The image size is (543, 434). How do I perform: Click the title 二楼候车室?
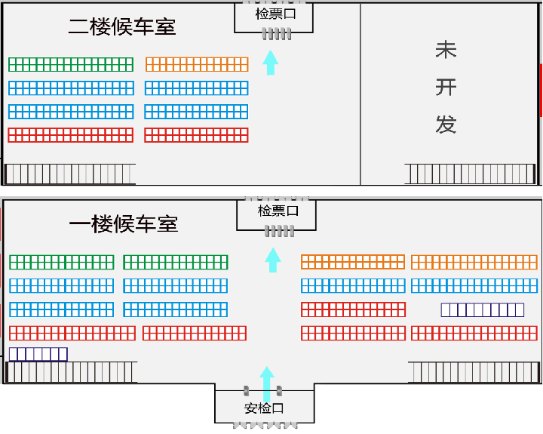tap(122, 27)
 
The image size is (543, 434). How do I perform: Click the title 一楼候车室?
tap(124, 224)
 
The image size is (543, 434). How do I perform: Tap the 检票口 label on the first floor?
tap(278, 211)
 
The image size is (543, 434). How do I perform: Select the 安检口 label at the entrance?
tap(264, 408)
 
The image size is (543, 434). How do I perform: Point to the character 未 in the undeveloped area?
tap(446, 51)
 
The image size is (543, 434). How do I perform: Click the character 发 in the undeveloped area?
tap(446, 124)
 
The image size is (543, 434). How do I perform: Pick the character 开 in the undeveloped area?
tap(446, 88)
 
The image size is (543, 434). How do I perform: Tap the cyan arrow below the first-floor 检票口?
tap(273, 260)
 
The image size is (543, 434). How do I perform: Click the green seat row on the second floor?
tap(71, 64)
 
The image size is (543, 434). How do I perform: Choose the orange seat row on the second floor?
tap(197, 64)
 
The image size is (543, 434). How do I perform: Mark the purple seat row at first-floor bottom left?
tap(38, 354)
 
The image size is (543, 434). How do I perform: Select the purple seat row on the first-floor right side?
tap(483, 309)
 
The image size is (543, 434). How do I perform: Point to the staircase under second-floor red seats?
tap(70, 174)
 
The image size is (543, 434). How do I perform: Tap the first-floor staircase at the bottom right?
tap(473, 372)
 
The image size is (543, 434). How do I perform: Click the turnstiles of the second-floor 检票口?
tap(276, 34)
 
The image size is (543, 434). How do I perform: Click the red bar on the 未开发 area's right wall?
tap(541, 91)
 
